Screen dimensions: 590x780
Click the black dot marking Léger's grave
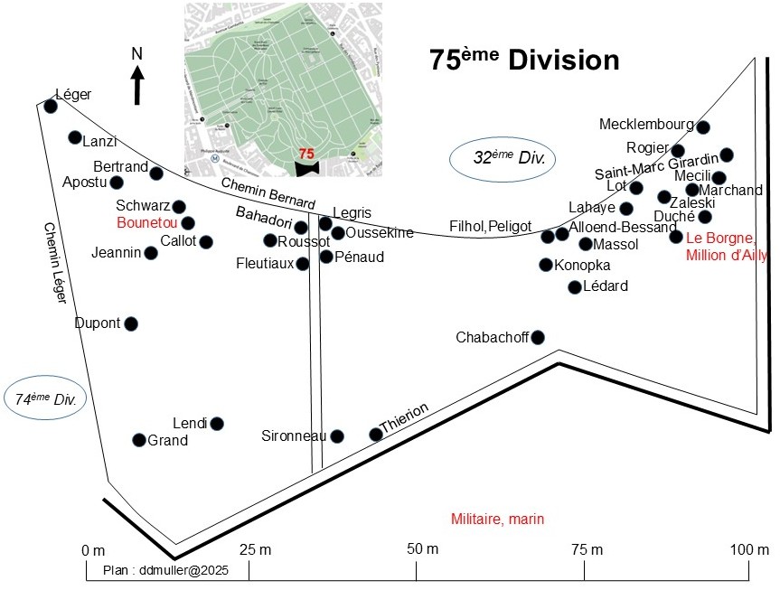(51, 107)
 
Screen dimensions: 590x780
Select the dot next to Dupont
(131, 323)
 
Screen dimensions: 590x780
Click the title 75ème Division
(524, 61)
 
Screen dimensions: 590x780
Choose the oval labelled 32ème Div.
(503, 157)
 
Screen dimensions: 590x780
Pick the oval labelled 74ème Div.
(44, 398)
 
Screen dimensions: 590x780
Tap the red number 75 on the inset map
(306, 154)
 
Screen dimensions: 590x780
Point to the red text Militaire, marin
(497, 519)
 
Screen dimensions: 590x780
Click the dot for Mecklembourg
(703, 127)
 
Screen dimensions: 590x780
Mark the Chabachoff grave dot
(538, 338)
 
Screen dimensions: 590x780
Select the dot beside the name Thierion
(376, 435)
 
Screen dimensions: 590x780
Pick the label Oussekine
(380, 233)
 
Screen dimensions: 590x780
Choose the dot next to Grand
(138, 440)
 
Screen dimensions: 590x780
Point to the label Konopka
(582, 265)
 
